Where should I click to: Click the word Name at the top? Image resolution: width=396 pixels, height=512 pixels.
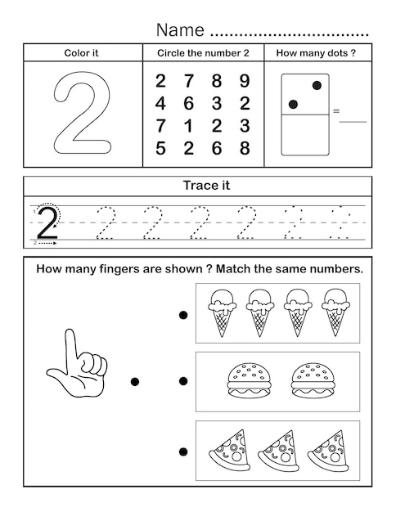(180, 29)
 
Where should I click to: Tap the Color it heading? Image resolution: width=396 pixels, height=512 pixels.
(81, 53)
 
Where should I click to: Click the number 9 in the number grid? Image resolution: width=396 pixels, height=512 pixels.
(245, 81)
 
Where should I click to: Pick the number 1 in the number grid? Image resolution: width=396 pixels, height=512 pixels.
(188, 126)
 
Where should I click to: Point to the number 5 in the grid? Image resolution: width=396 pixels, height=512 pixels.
(160, 148)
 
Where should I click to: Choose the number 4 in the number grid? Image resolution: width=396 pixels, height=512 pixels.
(160, 104)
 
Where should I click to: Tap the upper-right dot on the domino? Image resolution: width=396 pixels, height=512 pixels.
(317, 86)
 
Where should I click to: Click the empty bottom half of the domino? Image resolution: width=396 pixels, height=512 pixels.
(305, 134)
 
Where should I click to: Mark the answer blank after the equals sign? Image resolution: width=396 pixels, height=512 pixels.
(353, 122)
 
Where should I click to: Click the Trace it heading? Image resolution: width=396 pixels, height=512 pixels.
(206, 186)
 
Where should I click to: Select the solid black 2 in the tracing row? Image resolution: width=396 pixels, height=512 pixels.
(47, 222)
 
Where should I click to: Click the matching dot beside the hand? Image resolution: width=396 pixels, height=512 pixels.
(135, 381)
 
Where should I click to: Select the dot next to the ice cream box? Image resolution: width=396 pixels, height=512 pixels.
(183, 315)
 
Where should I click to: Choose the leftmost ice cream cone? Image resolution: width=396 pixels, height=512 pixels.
(223, 312)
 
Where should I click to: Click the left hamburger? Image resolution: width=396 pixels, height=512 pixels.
(250, 381)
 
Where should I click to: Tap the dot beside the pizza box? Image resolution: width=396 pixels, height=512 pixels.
(183, 451)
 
